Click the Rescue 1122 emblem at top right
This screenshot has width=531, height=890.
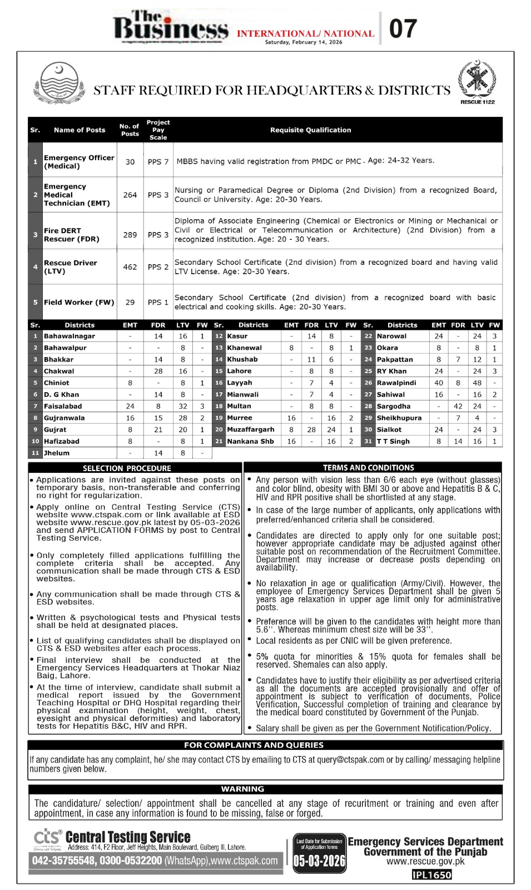[477, 81]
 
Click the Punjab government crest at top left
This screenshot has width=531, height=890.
[59, 83]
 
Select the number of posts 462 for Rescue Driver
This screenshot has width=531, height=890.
[130, 267]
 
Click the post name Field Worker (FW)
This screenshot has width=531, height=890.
[79, 302]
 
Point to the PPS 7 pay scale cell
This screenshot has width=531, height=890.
[158, 161]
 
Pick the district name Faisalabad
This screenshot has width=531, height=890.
[63, 406]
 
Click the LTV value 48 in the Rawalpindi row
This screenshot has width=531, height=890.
[477, 383]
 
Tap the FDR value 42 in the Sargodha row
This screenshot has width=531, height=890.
[458, 406]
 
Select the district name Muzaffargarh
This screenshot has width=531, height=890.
[250, 429]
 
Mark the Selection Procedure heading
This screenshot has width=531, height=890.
[127, 468]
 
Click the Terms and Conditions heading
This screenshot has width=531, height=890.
[369, 468]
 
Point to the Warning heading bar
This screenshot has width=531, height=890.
[242, 789]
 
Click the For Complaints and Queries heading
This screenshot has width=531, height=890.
[254, 745]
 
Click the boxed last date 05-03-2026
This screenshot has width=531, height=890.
[319, 861]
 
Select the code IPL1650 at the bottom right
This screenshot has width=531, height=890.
[431, 875]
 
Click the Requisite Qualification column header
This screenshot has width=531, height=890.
[310, 130]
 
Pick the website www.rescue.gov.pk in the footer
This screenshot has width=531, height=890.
[425, 862]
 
